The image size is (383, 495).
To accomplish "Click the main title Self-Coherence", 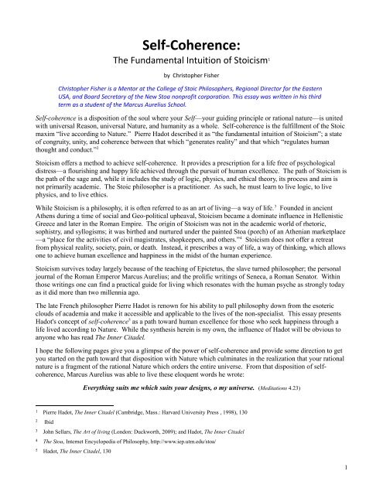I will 190,19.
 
